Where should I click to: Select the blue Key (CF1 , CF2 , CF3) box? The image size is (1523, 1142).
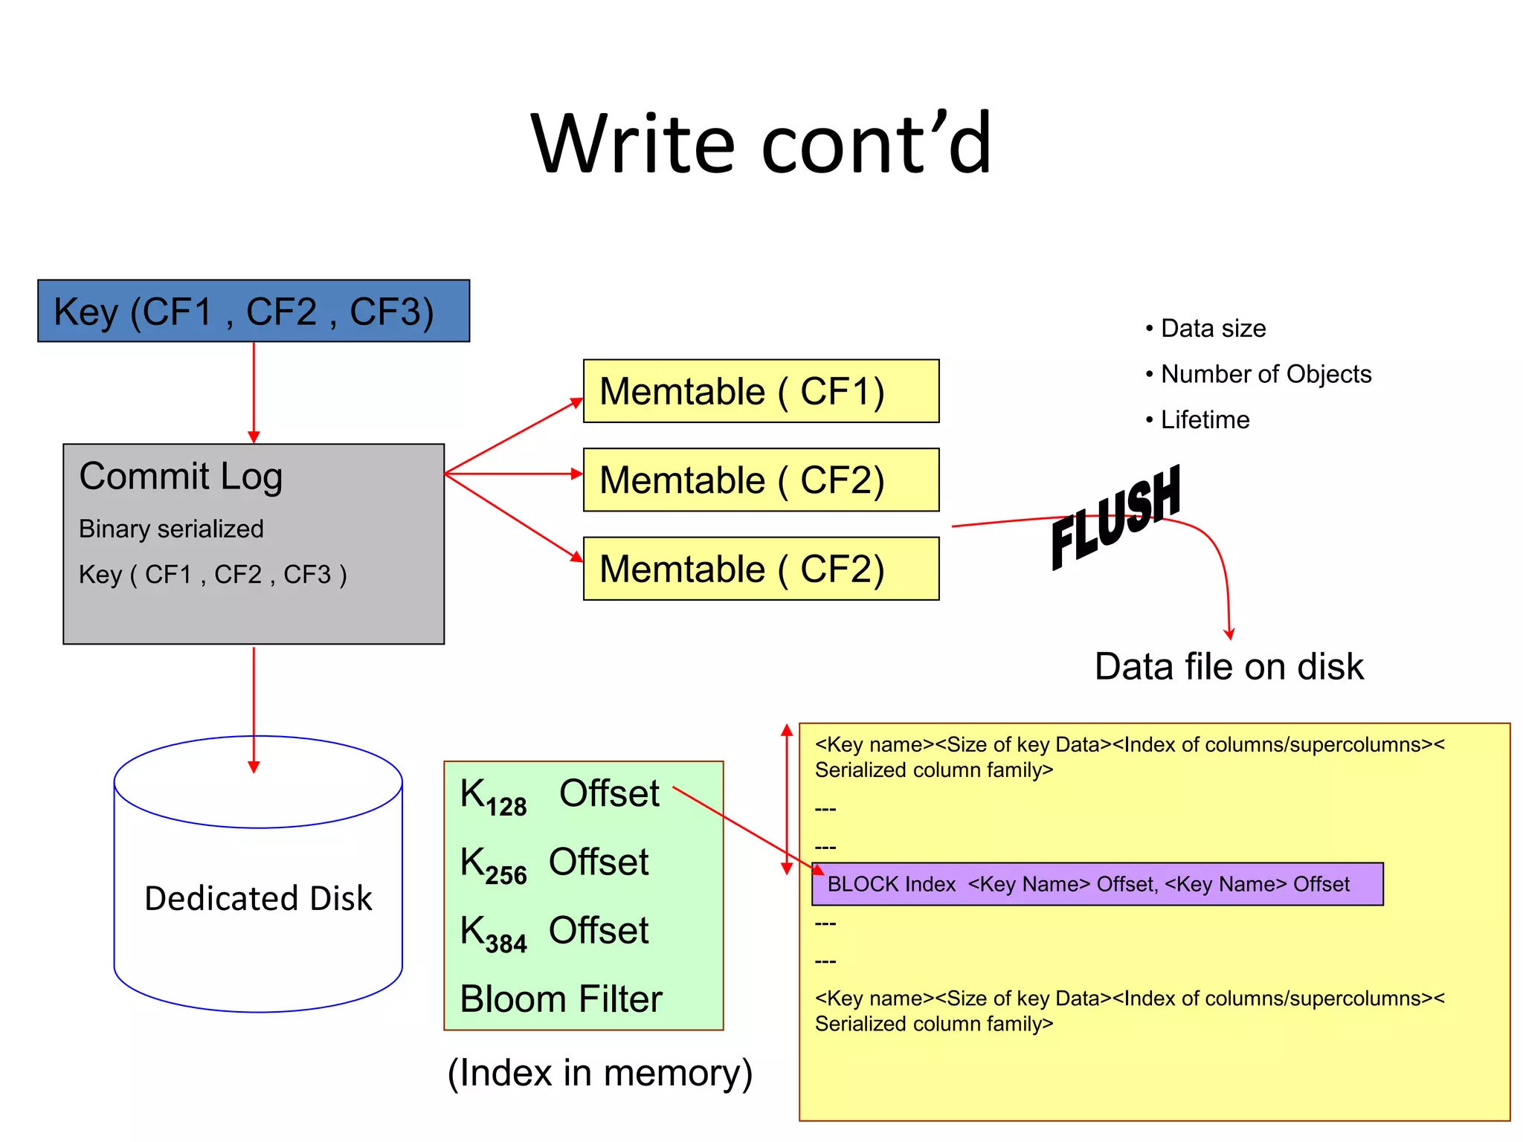click(253, 311)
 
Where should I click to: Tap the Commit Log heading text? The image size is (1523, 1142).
click(181, 476)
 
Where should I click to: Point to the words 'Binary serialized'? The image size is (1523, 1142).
click(171, 529)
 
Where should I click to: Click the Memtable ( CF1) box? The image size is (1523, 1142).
click(761, 391)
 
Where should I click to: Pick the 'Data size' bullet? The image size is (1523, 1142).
click(1212, 328)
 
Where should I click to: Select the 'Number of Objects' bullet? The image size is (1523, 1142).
click(1265, 374)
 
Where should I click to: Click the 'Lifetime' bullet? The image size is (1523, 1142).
click(1204, 420)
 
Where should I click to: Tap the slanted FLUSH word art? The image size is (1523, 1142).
click(1115, 517)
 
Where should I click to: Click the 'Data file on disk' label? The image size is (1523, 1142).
click(1229, 666)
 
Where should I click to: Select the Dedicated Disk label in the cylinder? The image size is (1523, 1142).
click(258, 898)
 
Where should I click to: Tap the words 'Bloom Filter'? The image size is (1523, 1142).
click(561, 999)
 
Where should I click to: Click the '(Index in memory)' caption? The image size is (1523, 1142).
click(599, 1073)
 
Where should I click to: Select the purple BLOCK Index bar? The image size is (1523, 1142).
click(1097, 884)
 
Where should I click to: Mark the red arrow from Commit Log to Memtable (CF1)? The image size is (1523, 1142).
click(513, 436)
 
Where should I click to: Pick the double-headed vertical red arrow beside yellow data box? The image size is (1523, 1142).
click(787, 799)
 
